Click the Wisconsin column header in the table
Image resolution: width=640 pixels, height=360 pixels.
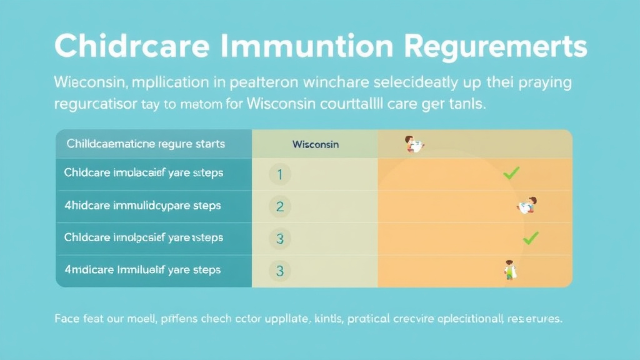tap(315, 144)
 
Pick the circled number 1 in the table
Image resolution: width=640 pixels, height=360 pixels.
tap(279, 175)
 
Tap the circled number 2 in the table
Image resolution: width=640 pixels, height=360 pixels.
tap(279, 206)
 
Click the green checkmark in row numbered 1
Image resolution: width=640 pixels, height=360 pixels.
tap(511, 174)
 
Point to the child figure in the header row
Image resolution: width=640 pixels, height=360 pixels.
tap(414, 144)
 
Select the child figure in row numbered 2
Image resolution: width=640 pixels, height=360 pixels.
tap(527, 205)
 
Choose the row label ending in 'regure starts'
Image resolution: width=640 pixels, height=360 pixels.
tap(144, 144)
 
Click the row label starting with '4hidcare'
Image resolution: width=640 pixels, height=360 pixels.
tap(142, 205)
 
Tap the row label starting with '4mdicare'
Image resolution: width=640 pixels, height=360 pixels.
tap(142, 270)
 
